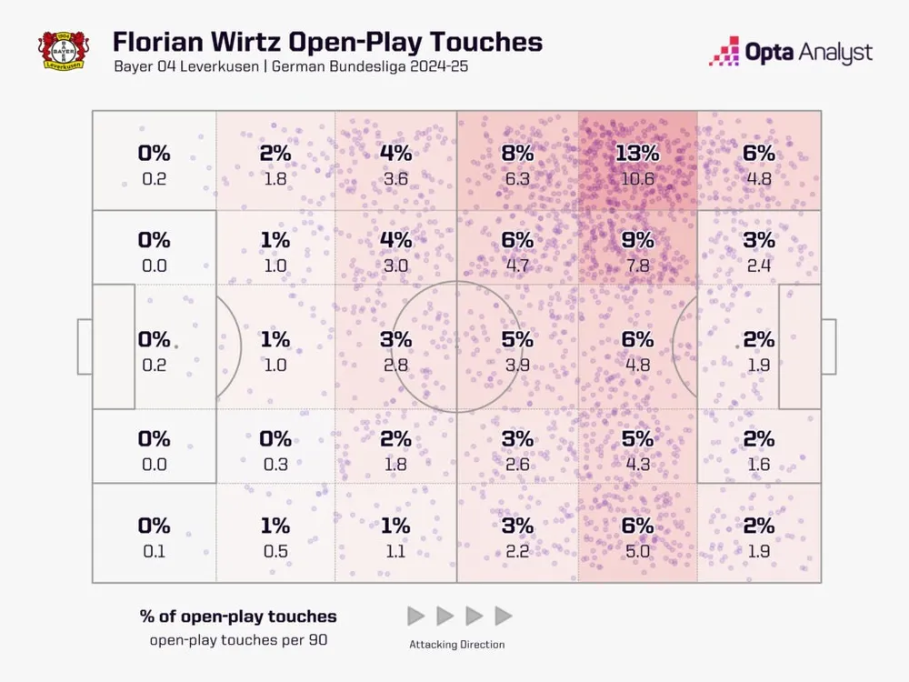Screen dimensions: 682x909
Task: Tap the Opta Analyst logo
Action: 790,52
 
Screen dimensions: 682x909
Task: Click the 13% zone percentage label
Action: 637,154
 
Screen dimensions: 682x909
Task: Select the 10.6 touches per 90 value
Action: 637,179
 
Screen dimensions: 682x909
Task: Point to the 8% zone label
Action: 516,154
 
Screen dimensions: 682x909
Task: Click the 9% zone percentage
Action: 637,240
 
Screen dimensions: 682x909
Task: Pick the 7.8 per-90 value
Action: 637,266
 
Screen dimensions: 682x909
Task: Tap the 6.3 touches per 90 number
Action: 516,179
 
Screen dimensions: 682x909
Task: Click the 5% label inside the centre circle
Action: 516,339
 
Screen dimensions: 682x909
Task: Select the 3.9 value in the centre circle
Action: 516,365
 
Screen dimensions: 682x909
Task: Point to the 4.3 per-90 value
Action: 637,464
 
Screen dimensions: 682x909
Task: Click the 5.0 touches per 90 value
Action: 637,550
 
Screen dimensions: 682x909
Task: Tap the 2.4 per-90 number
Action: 759,266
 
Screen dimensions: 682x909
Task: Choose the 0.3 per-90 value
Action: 275,464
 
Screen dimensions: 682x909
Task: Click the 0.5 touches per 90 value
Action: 275,550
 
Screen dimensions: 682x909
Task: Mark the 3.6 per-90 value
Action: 395,179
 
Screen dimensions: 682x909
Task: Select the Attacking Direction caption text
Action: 457,644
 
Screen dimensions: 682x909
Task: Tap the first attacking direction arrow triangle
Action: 415,616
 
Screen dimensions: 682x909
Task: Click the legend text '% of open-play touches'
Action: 238,616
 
